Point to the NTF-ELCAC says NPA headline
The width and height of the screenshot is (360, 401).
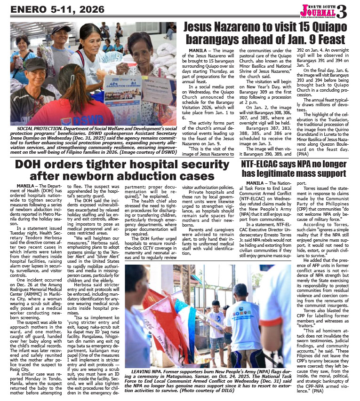294,168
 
